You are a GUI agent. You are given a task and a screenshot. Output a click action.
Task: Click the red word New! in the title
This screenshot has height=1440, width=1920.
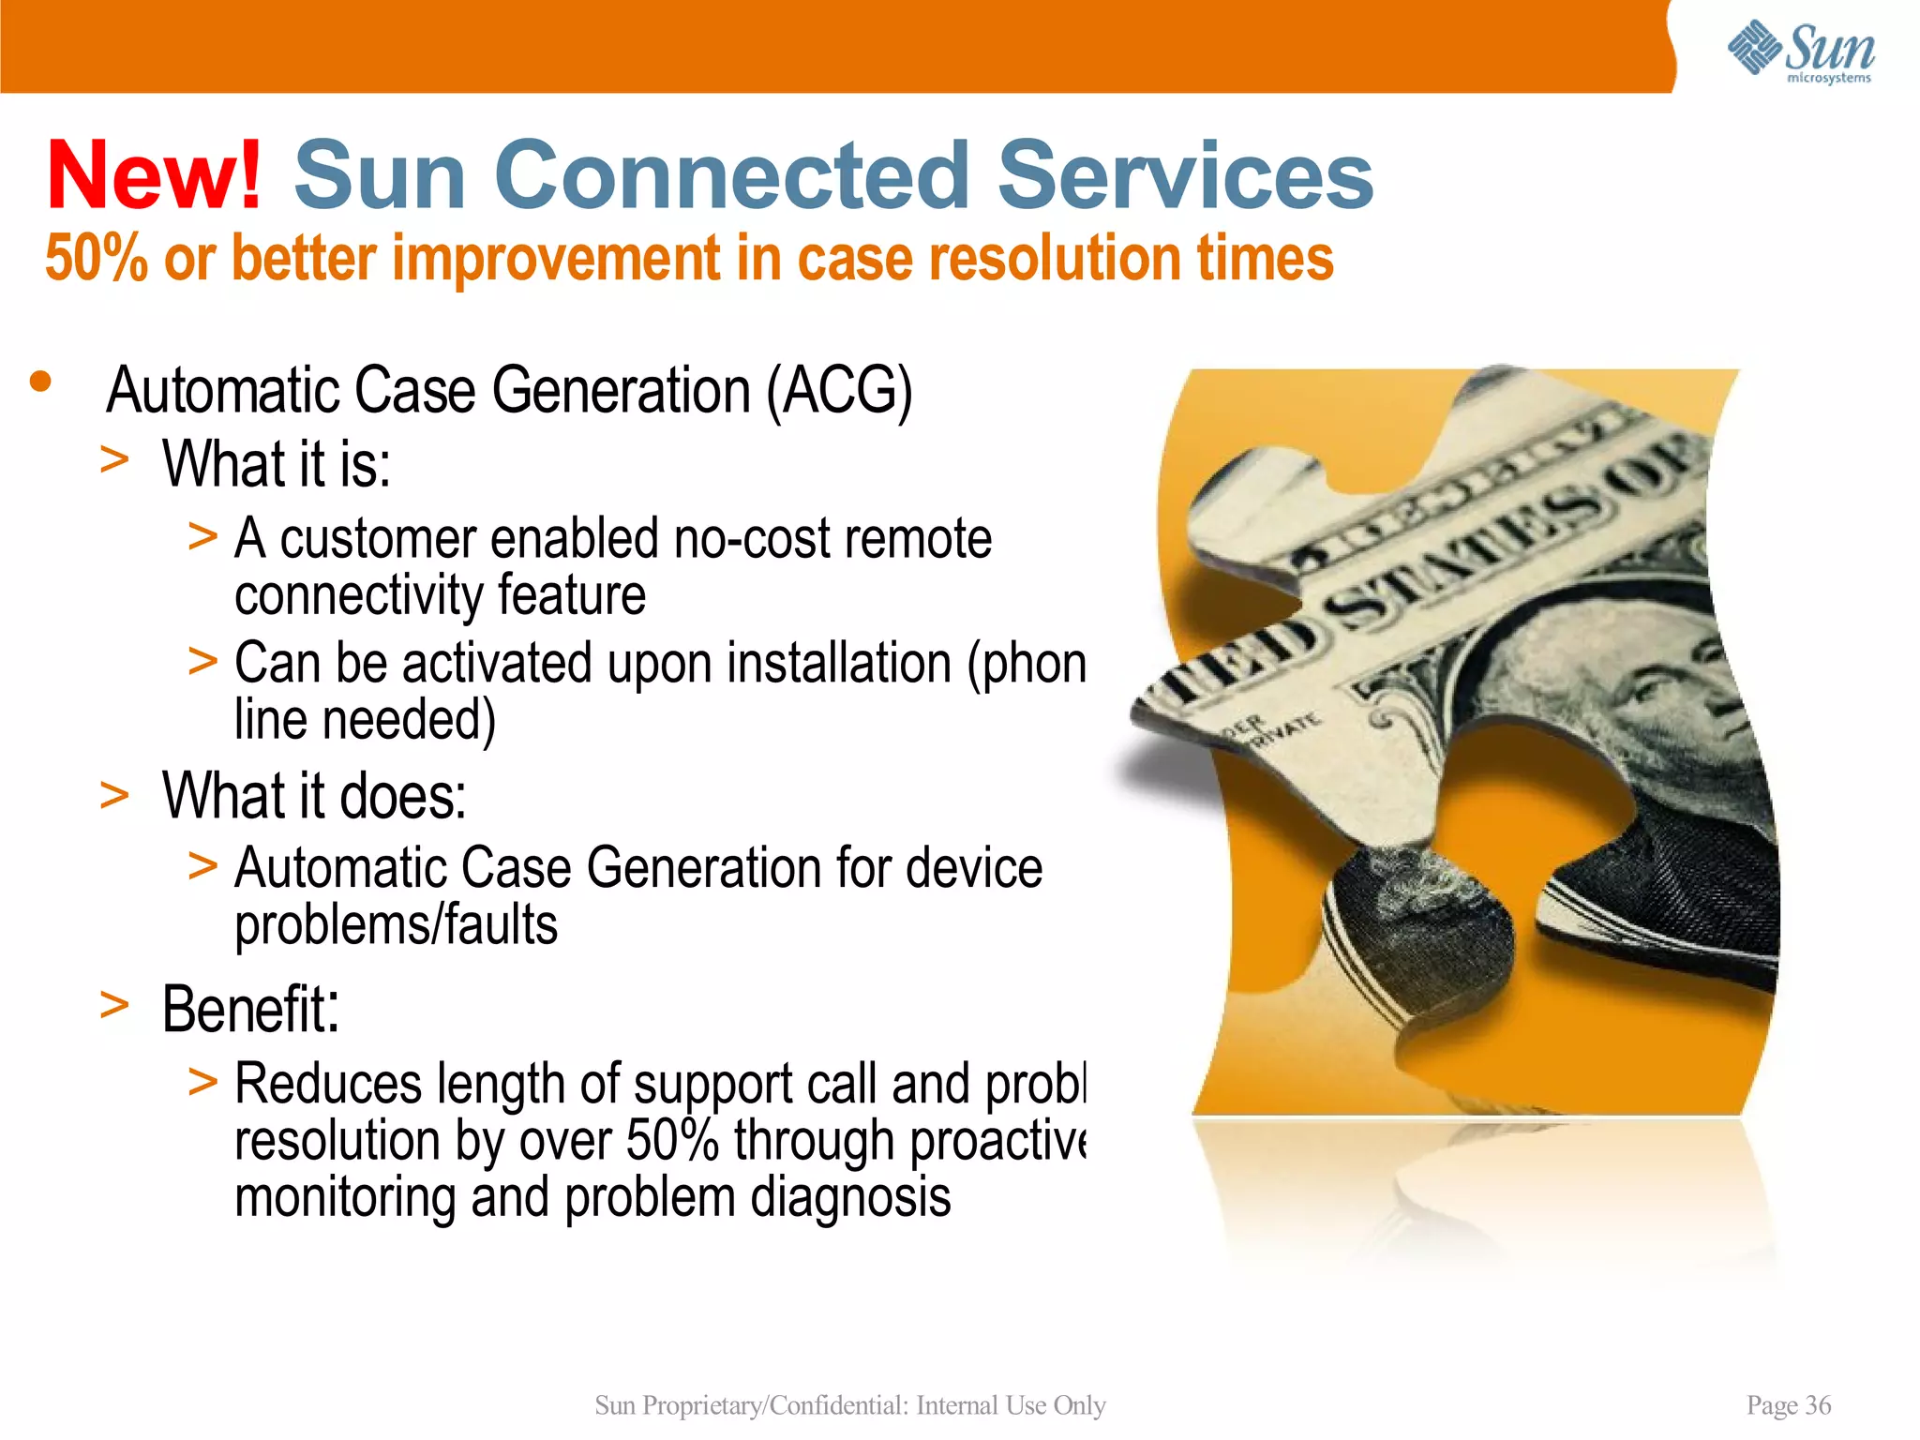click(x=155, y=176)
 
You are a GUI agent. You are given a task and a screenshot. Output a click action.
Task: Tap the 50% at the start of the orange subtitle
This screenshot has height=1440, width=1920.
click(x=96, y=260)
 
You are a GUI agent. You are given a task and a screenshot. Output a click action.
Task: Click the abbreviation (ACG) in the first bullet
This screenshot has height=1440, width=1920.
click(x=839, y=391)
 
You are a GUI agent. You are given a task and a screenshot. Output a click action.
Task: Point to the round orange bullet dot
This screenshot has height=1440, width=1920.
click(x=40, y=382)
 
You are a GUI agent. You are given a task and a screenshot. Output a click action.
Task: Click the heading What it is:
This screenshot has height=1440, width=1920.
click(x=277, y=464)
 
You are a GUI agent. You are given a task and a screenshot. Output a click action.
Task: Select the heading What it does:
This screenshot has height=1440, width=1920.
click(x=314, y=797)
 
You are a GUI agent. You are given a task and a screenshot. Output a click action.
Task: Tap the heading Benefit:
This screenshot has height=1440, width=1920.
click(x=250, y=1011)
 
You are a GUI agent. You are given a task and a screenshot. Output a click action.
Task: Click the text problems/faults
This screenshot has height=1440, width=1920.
click(x=396, y=926)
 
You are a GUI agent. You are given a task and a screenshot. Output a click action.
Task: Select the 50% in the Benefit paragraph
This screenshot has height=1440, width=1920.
click(x=671, y=1142)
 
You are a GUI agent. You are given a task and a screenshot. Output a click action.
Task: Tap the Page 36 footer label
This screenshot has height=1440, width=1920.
click(x=1788, y=1405)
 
